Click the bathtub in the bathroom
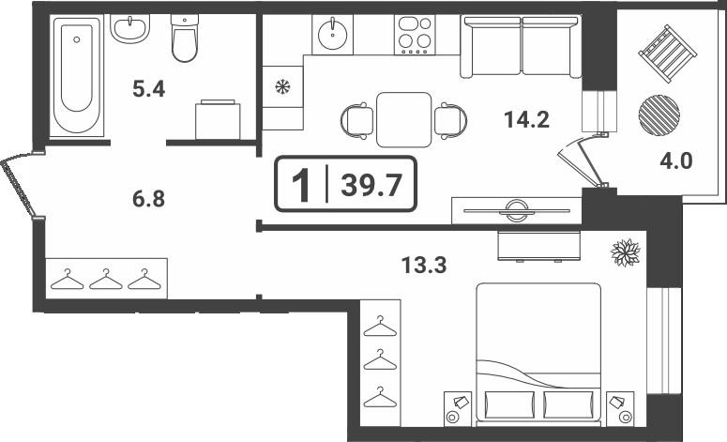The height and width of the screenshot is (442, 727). click(x=77, y=76)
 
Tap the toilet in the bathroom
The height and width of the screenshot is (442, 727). click(x=185, y=38)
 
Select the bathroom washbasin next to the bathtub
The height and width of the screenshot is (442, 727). click(x=130, y=28)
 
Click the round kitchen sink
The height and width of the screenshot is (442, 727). click(x=332, y=34)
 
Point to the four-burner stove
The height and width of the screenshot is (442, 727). click(x=415, y=35)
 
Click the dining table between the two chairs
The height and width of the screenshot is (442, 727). click(x=404, y=120)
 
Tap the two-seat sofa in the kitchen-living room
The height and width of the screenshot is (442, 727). click(x=522, y=46)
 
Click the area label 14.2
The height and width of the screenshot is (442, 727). click(x=526, y=120)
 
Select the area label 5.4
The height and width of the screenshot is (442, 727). click(x=148, y=88)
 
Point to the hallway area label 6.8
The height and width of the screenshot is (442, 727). click(x=148, y=199)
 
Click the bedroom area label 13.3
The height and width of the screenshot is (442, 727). click(x=424, y=266)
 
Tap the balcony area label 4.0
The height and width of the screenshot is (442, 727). click(x=675, y=160)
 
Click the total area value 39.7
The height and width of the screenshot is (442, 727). click(x=371, y=186)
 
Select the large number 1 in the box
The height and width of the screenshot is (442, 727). click(x=301, y=185)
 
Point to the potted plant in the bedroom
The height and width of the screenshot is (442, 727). click(x=626, y=252)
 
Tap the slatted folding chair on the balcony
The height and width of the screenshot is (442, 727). click(x=668, y=53)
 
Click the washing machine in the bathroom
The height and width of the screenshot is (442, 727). click(x=218, y=119)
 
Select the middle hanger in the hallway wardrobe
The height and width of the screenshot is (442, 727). click(x=106, y=279)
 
